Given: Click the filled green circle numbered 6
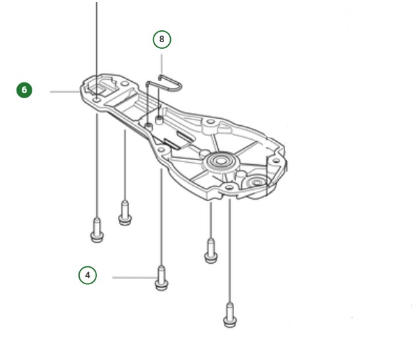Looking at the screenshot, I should [x=24, y=90].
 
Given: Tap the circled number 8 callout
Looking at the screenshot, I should [x=162, y=40].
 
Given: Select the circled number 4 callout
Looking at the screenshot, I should [x=87, y=274].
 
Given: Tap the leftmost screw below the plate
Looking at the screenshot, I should [x=97, y=231].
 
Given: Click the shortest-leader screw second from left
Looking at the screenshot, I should [x=125, y=213].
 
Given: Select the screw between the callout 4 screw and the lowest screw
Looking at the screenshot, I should [x=210, y=251].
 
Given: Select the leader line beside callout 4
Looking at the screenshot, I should [x=132, y=278].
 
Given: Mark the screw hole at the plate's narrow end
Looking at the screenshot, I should [x=97, y=99].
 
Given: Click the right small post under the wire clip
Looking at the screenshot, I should [x=160, y=120].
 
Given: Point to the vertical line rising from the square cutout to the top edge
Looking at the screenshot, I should [x=97, y=40].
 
